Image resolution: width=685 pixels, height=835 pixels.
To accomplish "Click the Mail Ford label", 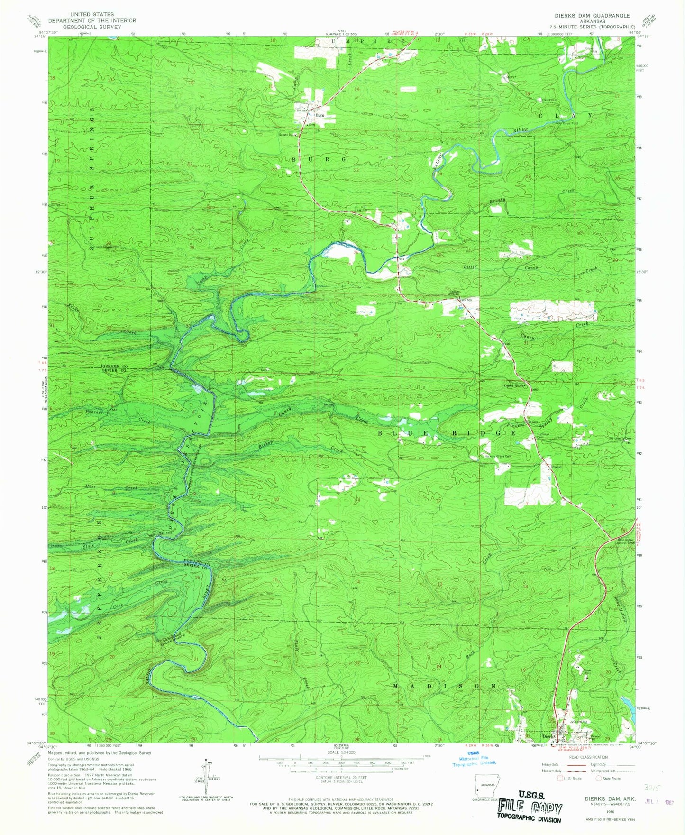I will (x=165, y=533).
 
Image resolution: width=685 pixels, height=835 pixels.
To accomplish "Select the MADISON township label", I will (x=446, y=686).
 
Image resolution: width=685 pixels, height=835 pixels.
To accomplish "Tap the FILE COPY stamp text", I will (x=529, y=808).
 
